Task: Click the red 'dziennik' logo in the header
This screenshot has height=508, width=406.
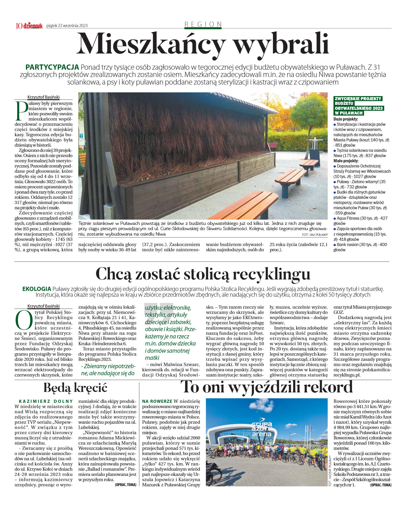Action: [33, 26]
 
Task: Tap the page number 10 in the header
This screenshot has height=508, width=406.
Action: [19, 26]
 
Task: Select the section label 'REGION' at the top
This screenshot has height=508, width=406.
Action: [203, 24]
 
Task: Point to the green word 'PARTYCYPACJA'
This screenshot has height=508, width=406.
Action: [52, 67]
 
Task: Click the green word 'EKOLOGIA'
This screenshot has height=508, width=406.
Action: [37, 289]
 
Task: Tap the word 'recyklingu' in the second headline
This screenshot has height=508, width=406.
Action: [271, 274]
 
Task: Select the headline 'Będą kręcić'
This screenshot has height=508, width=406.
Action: [76, 388]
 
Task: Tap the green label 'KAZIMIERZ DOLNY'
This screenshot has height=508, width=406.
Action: [46, 401]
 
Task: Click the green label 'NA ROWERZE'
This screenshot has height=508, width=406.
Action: [157, 401]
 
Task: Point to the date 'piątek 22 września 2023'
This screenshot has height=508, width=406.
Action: [67, 26]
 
